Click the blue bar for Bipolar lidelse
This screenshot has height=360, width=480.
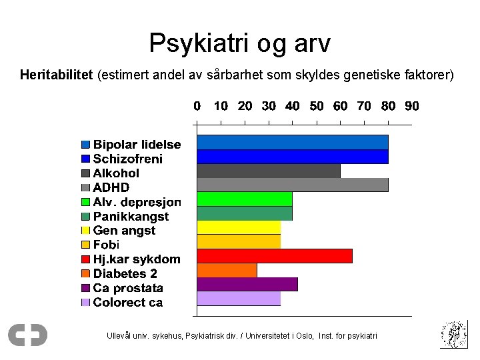coord(292,142)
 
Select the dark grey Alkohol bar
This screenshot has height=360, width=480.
coord(269,171)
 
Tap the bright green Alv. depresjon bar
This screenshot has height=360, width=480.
coord(245,199)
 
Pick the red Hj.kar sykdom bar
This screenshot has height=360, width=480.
coord(275,255)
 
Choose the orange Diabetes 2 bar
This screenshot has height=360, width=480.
coord(227,270)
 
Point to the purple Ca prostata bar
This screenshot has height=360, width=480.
coord(247,284)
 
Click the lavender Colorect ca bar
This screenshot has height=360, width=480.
coord(239,299)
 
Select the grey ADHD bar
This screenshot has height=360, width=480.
coord(292,185)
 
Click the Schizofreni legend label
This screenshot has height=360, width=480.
coord(127,159)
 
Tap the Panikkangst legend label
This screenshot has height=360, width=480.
coord(131,216)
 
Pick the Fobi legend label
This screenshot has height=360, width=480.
coord(106,245)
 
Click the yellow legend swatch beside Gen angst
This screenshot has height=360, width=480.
coord(85,231)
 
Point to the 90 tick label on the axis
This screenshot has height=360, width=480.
coord(412,106)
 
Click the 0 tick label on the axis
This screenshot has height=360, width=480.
coord(197,106)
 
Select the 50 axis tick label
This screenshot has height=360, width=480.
coord(316,106)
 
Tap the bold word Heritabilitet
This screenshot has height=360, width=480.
coord(56,75)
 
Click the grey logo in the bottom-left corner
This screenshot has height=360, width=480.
coord(27,335)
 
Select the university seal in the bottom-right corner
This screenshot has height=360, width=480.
coord(453,334)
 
